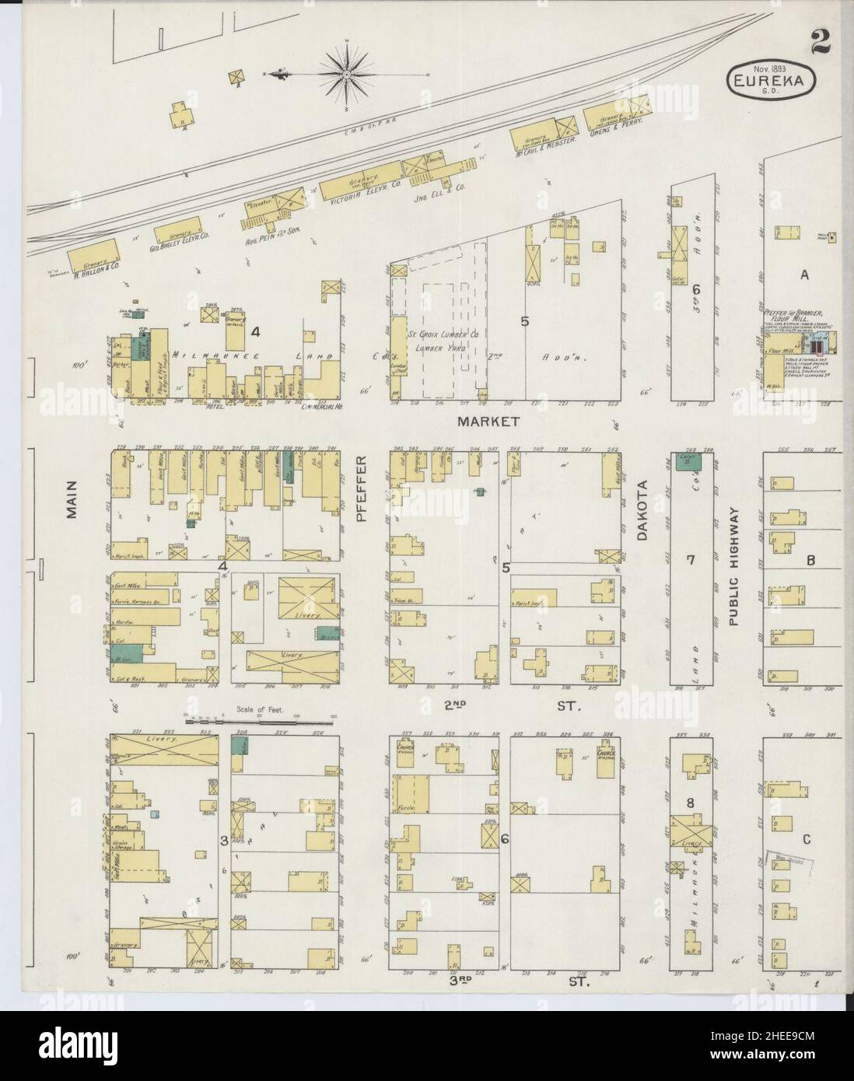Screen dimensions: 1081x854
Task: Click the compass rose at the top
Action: click(346, 75)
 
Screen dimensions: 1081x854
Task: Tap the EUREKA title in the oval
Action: click(771, 79)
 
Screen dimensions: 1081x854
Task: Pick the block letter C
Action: click(807, 838)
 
